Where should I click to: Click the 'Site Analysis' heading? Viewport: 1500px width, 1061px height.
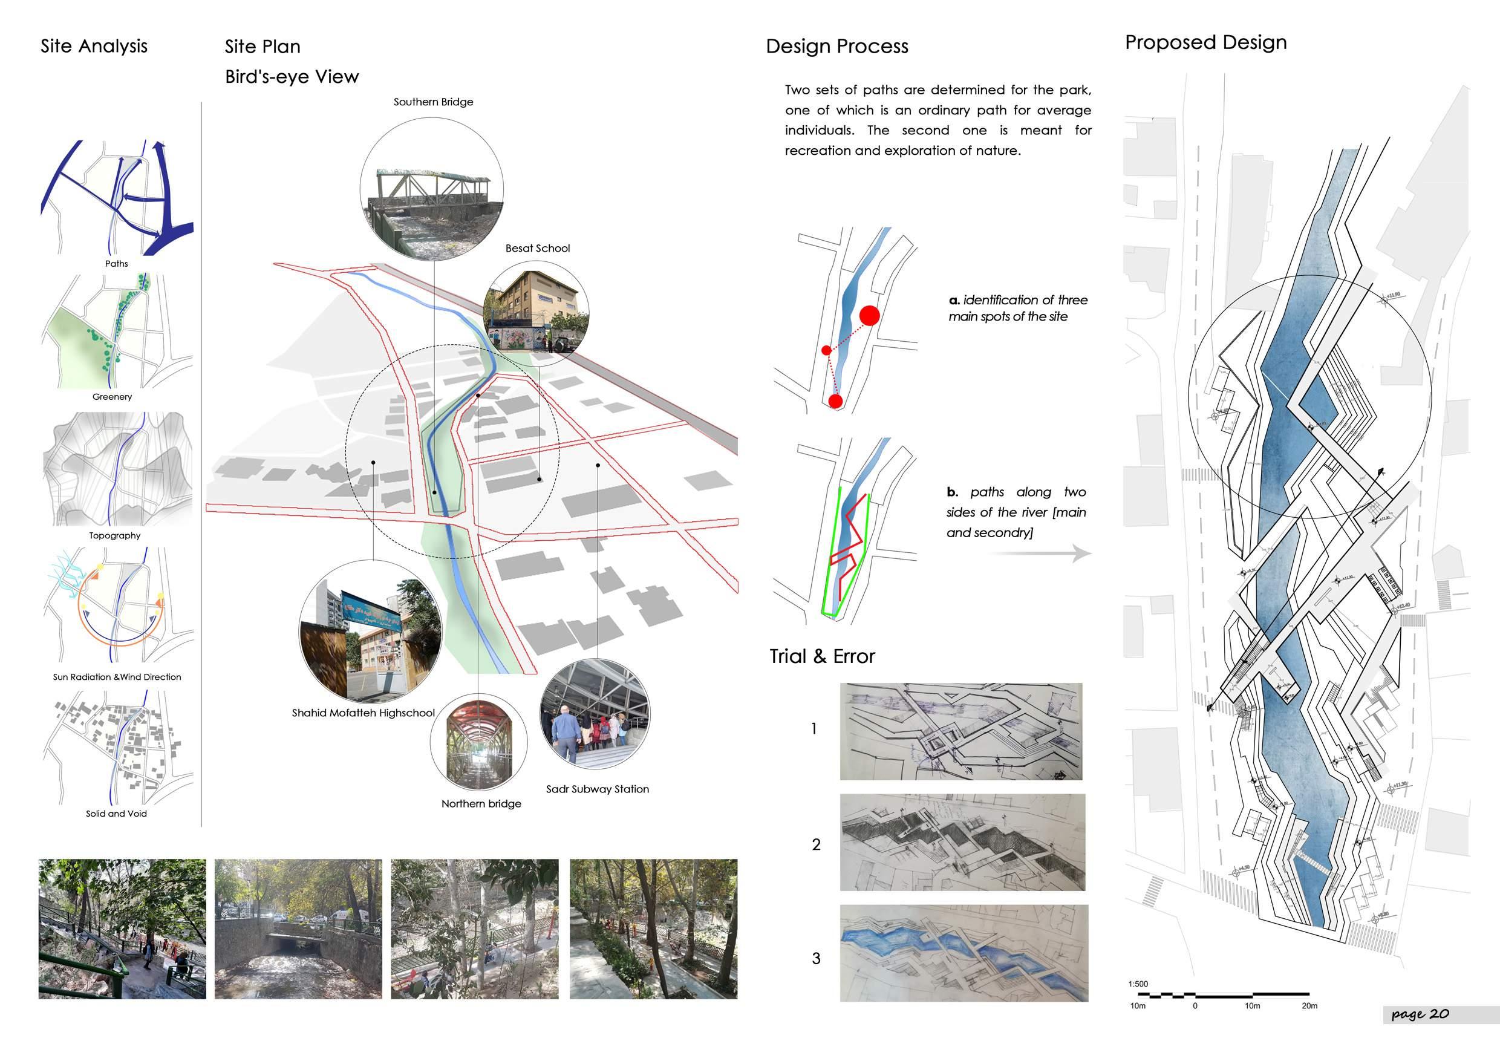(x=94, y=47)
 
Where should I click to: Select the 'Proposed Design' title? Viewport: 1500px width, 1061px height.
(x=1205, y=42)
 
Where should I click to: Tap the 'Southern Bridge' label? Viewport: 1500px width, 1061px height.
(x=433, y=102)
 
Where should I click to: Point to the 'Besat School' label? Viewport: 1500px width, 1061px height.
(x=537, y=248)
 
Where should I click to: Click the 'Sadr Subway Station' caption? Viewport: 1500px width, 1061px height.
(x=597, y=789)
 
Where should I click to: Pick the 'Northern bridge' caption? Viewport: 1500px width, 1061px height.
(x=481, y=803)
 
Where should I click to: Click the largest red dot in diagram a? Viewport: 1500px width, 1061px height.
(x=869, y=316)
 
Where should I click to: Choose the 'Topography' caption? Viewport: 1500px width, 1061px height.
(x=115, y=536)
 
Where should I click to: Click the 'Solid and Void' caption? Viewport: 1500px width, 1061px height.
(x=116, y=814)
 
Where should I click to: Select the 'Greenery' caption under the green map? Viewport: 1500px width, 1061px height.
(x=112, y=397)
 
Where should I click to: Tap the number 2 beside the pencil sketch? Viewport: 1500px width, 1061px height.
(x=816, y=845)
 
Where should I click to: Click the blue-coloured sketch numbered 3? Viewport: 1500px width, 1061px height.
(x=964, y=953)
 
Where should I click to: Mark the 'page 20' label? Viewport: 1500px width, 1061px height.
(x=1420, y=1014)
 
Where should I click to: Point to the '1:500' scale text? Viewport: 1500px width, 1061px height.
(x=1138, y=984)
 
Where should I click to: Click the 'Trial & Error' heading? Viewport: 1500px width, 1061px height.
(x=822, y=656)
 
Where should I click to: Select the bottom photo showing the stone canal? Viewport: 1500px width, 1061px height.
(x=298, y=929)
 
